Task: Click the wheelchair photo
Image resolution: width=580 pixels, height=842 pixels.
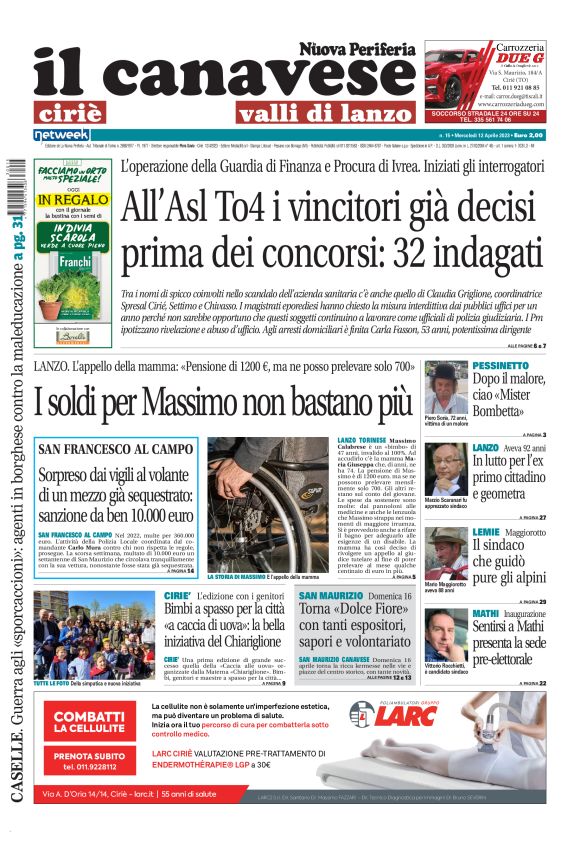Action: (x=267, y=491)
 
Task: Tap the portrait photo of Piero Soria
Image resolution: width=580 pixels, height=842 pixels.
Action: (x=444, y=387)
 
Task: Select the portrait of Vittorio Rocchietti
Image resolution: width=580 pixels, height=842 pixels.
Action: (x=444, y=633)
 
